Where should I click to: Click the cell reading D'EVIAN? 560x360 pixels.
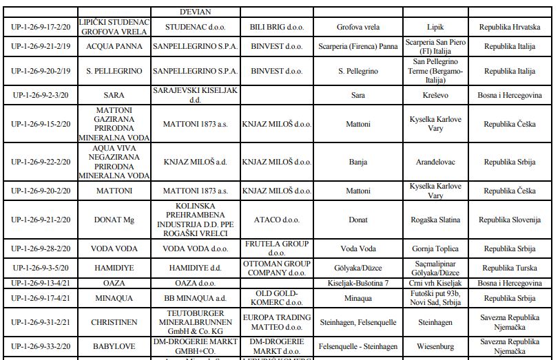[x=196, y=12]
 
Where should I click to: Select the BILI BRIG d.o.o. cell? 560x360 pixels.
[x=276, y=27]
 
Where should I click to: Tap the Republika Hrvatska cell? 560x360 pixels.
[x=510, y=27]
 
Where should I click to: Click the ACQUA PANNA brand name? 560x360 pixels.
[x=114, y=47]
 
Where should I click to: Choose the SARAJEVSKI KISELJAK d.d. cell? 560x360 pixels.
[x=196, y=95]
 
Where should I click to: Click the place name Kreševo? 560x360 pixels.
[x=435, y=96]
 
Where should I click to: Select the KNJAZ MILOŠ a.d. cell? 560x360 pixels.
[x=196, y=162]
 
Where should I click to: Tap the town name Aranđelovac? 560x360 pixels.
[x=435, y=162]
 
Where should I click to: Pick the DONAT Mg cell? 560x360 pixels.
[x=114, y=220]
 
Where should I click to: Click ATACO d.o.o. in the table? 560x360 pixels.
[x=276, y=220]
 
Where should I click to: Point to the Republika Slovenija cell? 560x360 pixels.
[x=510, y=220]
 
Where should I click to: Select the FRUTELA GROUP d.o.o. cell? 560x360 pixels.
[x=276, y=248]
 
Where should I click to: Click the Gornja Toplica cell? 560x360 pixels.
[x=435, y=249]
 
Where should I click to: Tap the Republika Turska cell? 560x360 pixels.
[x=510, y=268]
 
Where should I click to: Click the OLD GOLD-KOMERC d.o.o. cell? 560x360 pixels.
[x=276, y=299]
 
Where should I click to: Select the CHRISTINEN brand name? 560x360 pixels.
[x=114, y=323]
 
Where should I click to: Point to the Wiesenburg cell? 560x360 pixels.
[x=435, y=346]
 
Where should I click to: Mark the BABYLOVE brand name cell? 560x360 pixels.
[x=114, y=346]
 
